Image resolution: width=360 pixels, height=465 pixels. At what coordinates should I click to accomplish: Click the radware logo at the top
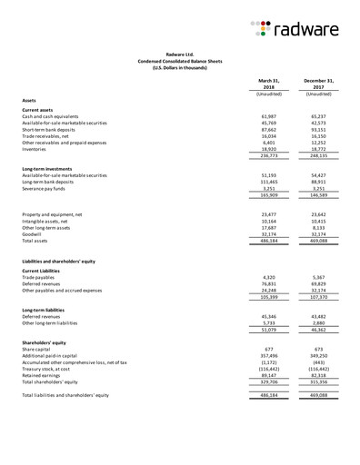point(295,28)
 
